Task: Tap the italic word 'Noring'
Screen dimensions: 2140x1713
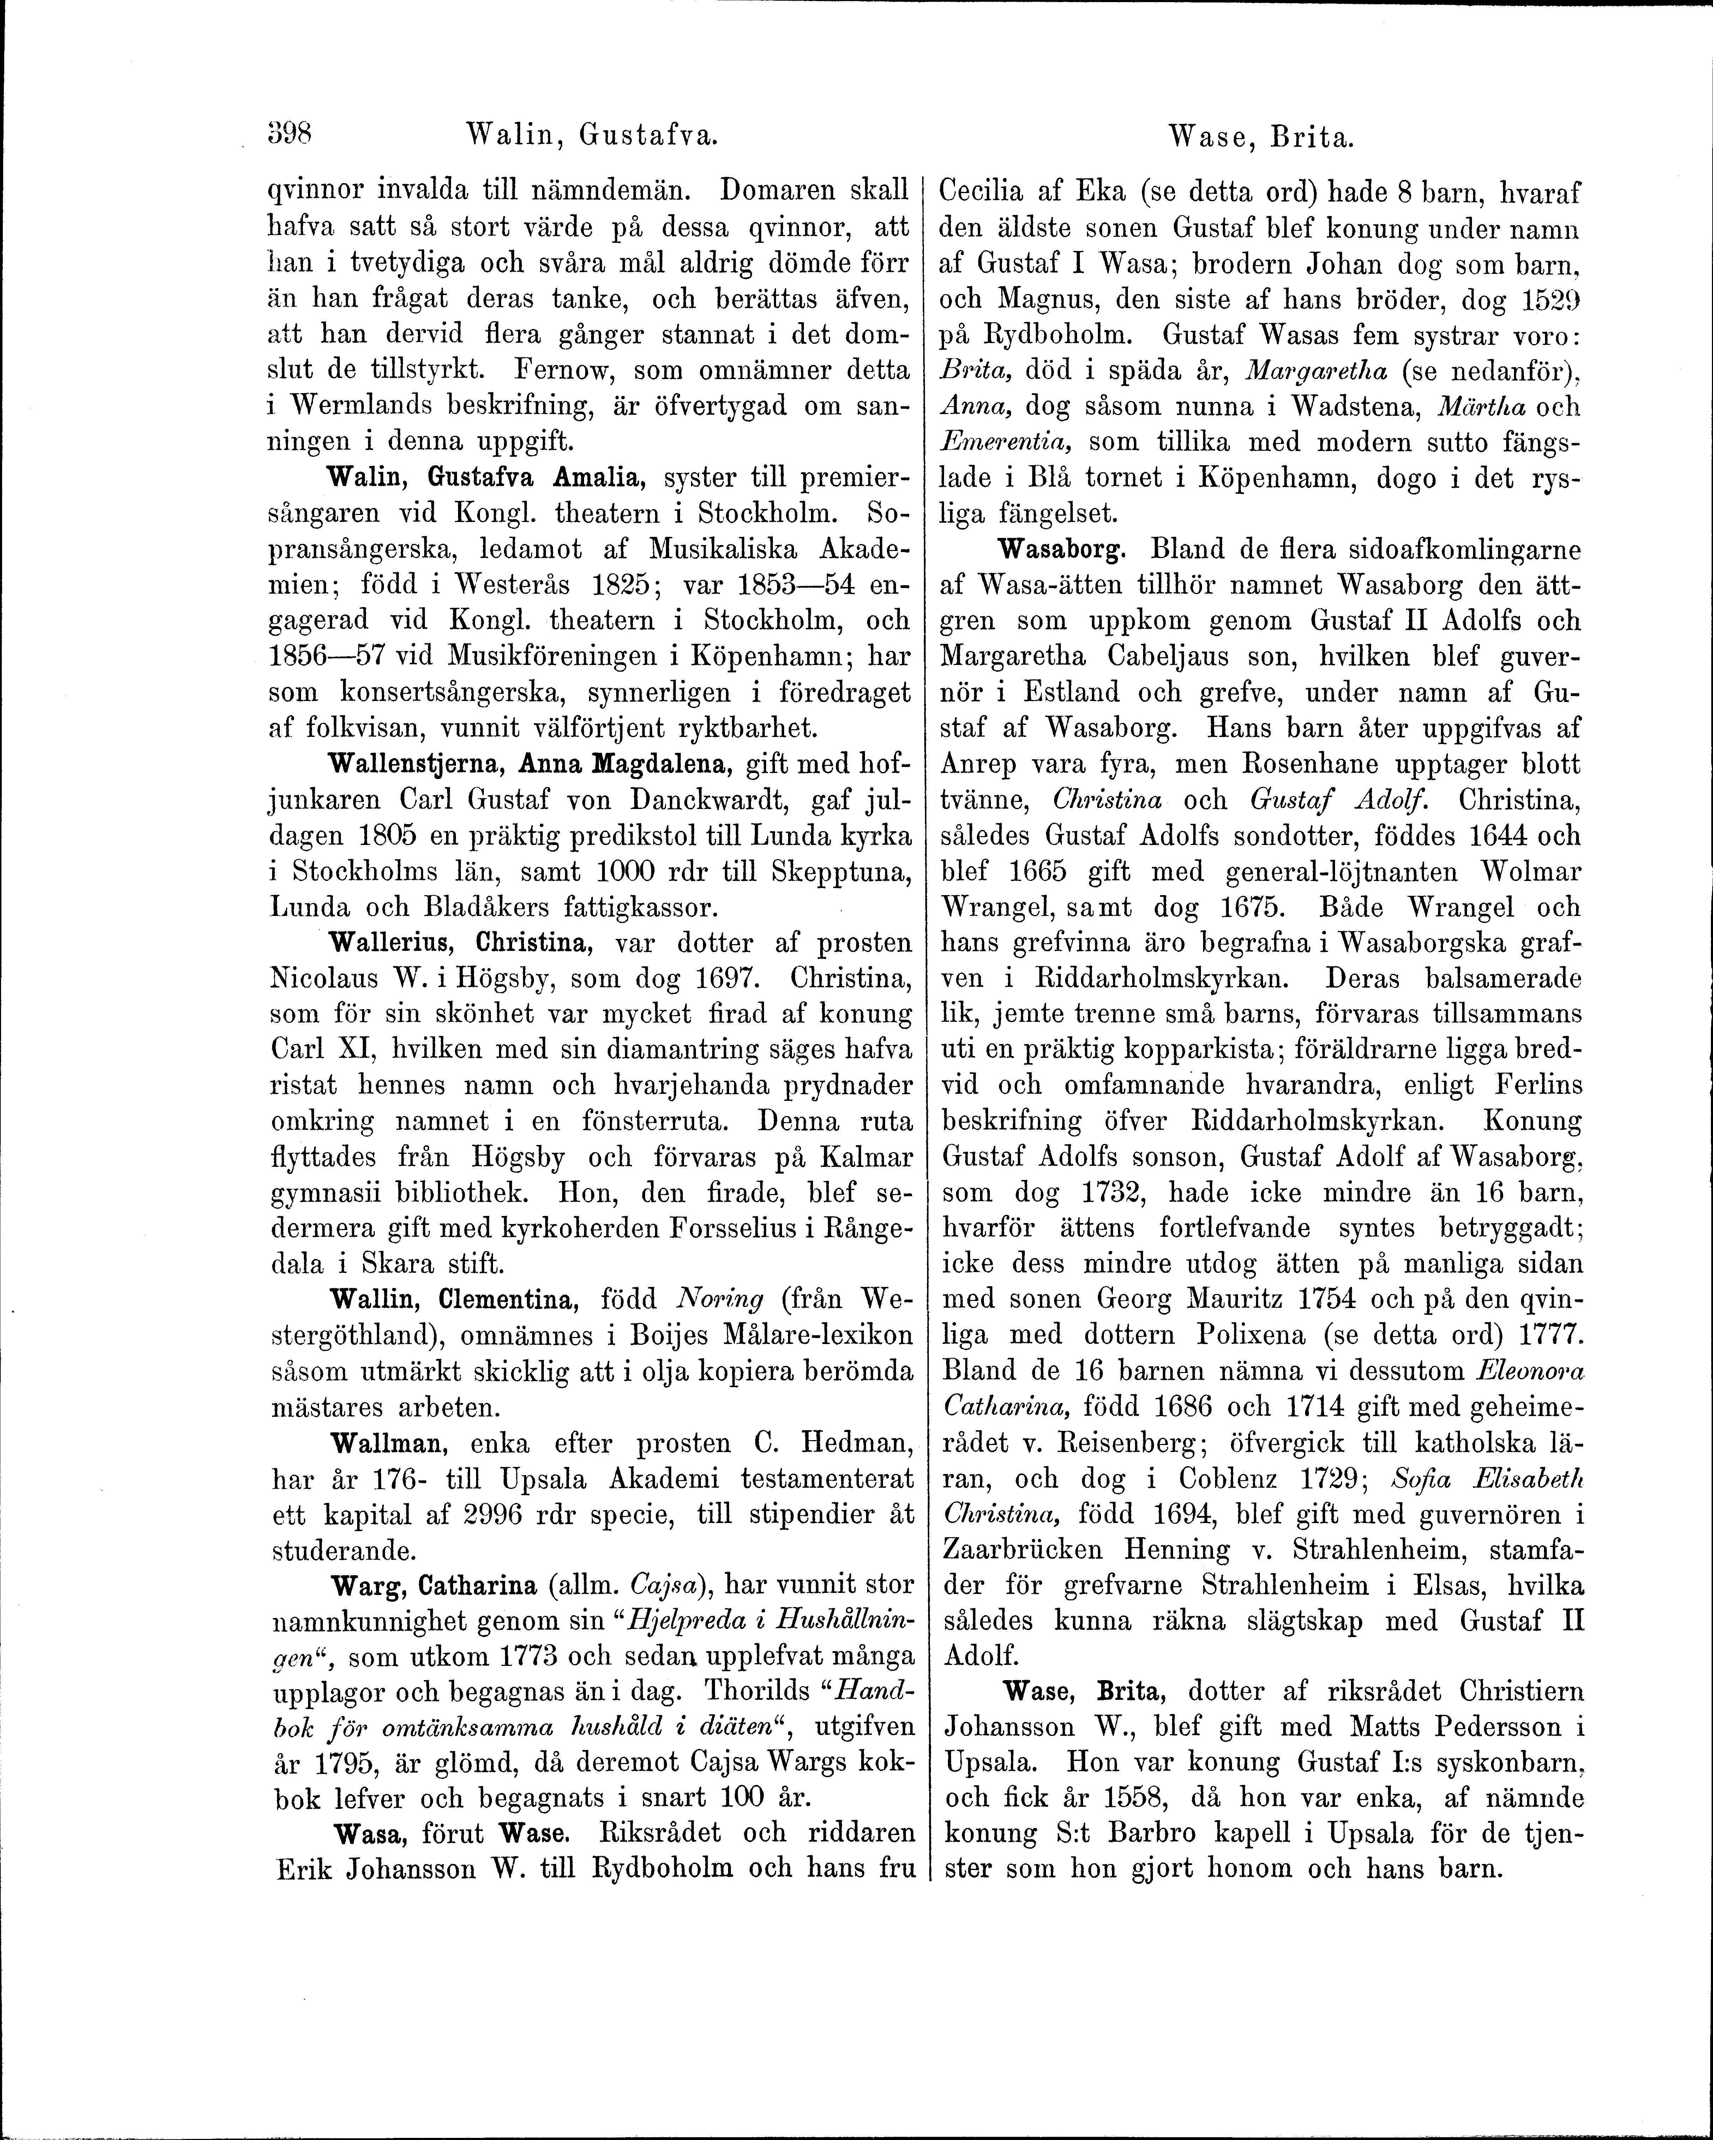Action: [x=719, y=1299]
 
